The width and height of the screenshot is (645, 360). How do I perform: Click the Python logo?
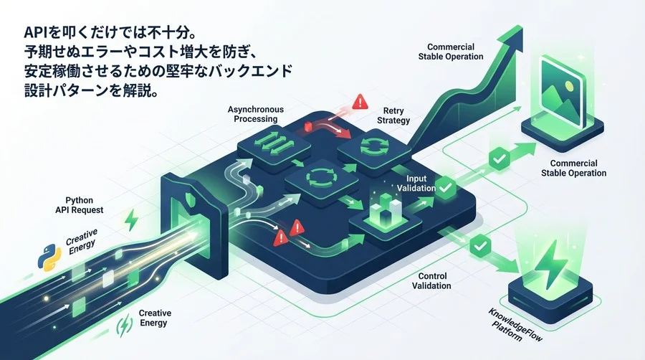pos(49,257)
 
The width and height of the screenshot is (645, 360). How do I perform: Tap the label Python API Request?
pos(80,205)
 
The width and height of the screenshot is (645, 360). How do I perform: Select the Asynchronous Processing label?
pos(255,114)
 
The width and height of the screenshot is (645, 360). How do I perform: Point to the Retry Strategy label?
pos(393,115)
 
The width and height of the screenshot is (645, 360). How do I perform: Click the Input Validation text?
pos(416,184)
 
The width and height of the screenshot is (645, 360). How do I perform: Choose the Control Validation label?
pos(431,281)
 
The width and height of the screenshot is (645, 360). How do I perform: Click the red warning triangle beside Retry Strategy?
pos(360,101)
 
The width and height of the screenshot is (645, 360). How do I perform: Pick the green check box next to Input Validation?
pos(445,187)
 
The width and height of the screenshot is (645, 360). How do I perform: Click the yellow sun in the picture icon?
pos(569,85)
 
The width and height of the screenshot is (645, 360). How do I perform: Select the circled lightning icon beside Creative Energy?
pos(124,326)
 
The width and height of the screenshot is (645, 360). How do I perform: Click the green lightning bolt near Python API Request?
pos(132,220)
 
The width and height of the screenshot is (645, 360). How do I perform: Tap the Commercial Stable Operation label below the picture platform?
pos(573,169)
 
